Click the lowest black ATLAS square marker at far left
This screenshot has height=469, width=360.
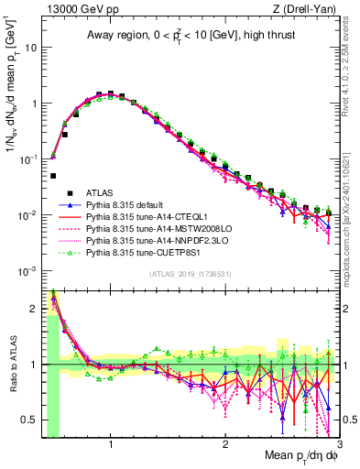click(x=53, y=175)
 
